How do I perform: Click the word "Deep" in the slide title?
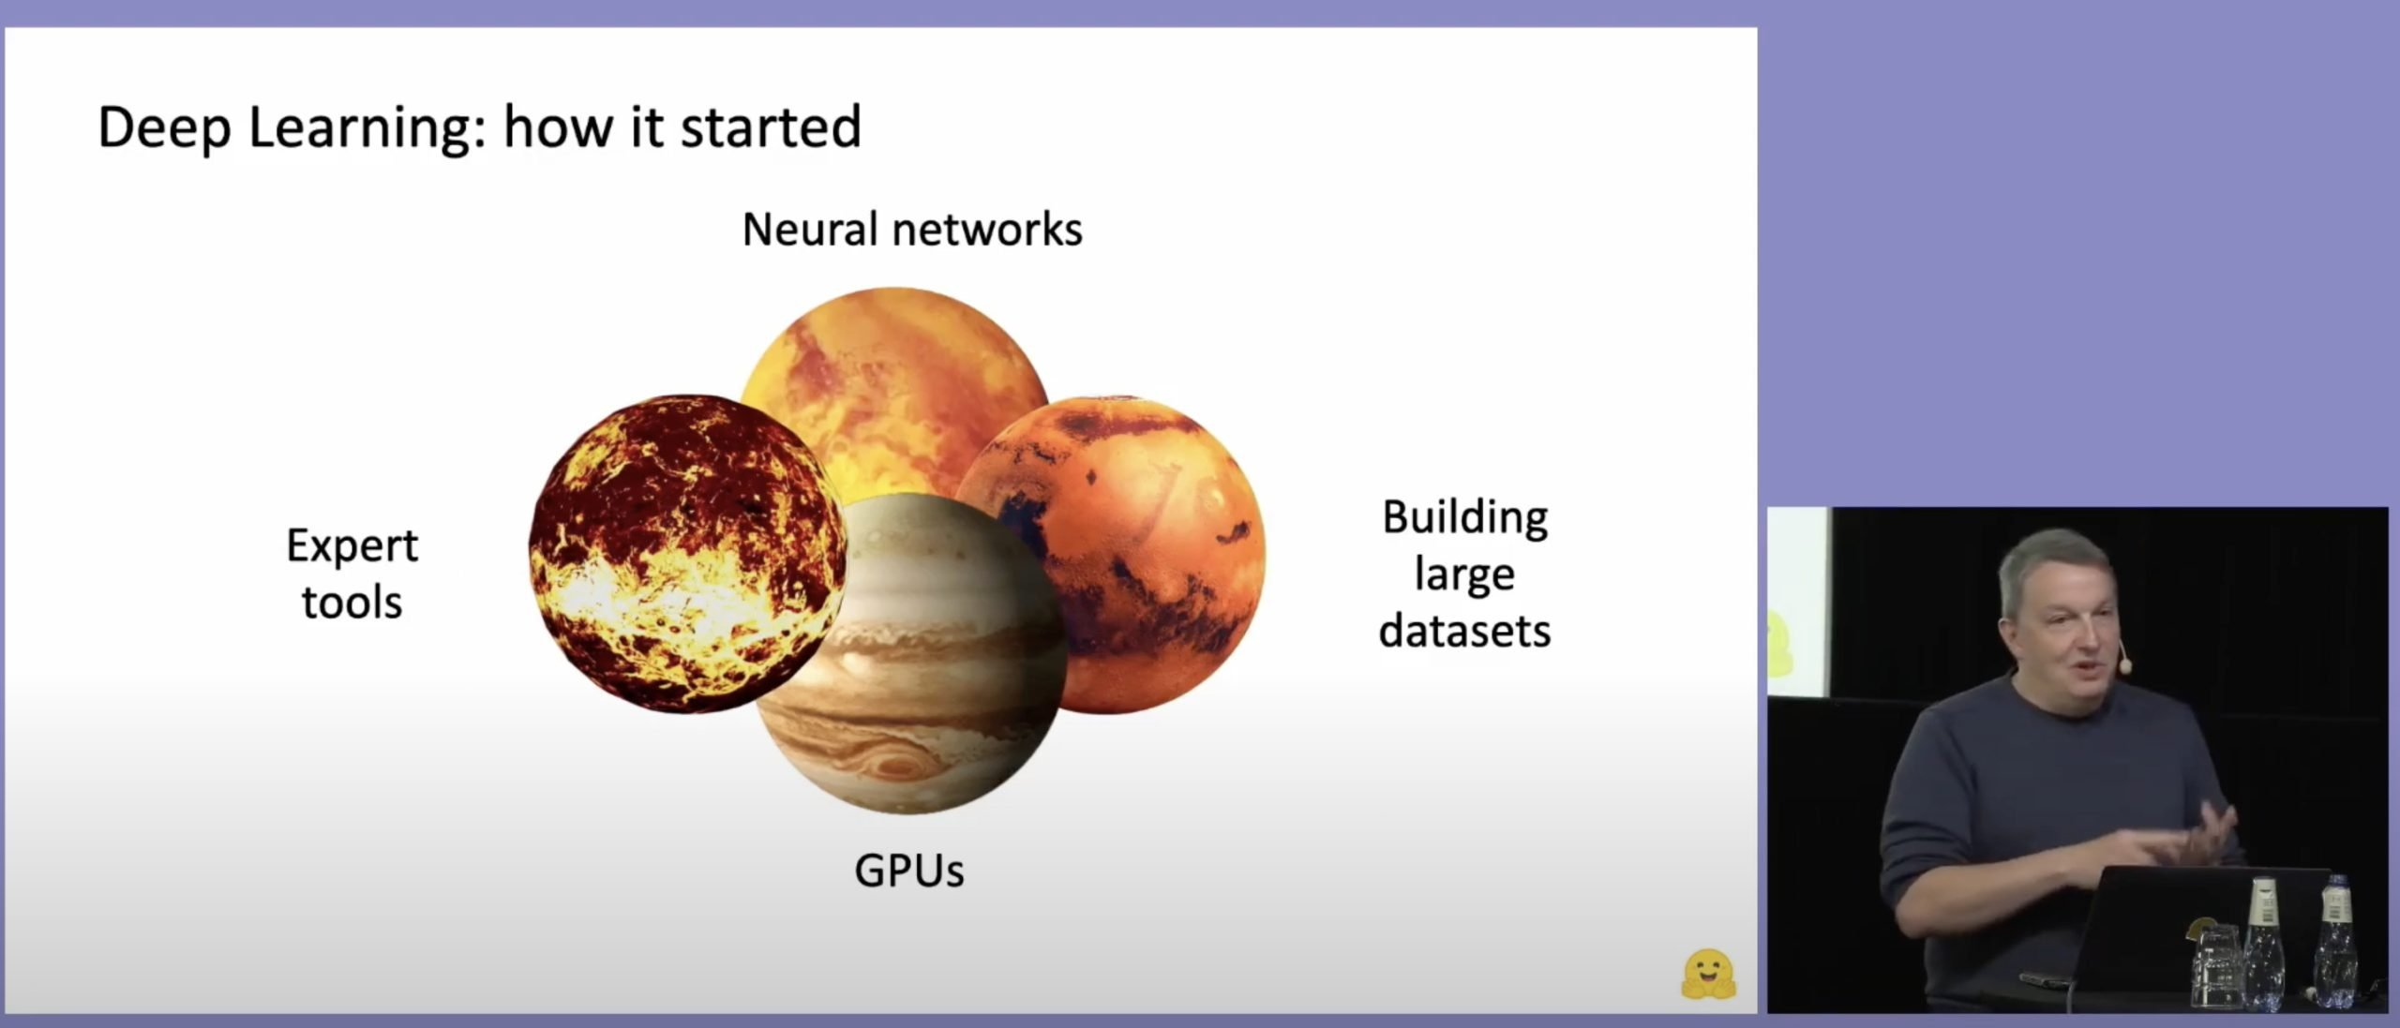tap(164, 128)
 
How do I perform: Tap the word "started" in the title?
tap(771, 127)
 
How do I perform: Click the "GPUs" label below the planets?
tap(909, 871)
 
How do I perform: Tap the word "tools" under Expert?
tap(352, 602)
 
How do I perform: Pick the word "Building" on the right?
tap(1465, 519)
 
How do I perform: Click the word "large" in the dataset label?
tap(1464, 574)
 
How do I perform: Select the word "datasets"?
tap(1464, 631)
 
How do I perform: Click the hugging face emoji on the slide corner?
tap(1708, 975)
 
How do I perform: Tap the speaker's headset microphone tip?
tap(2125, 665)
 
